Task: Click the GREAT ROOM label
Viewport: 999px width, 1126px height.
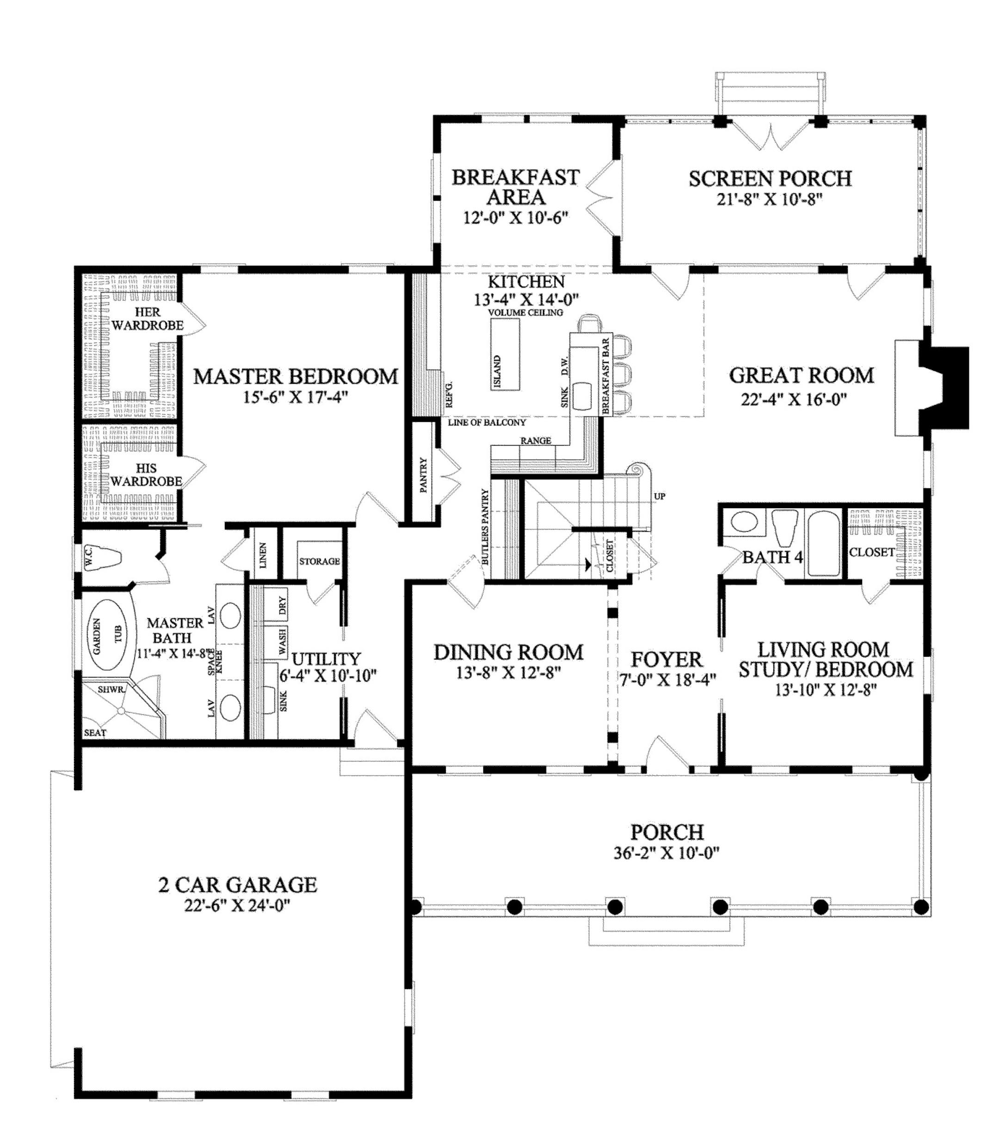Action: click(801, 375)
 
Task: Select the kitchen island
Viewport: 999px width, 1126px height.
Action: click(506, 354)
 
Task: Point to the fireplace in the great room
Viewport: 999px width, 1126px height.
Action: click(931, 388)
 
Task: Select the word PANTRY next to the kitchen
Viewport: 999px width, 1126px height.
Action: click(424, 474)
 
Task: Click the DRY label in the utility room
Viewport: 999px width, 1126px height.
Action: click(283, 605)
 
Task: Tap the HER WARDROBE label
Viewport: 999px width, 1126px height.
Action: click(147, 319)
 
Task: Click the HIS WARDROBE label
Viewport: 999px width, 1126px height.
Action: click(146, 474)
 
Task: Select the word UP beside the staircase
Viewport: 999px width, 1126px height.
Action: click(660, 496)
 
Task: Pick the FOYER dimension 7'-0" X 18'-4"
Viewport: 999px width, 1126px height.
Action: click(667, 680)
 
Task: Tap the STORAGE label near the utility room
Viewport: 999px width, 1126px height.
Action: click(320, 561)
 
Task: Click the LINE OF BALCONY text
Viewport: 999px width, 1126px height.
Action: click(487, 423)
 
